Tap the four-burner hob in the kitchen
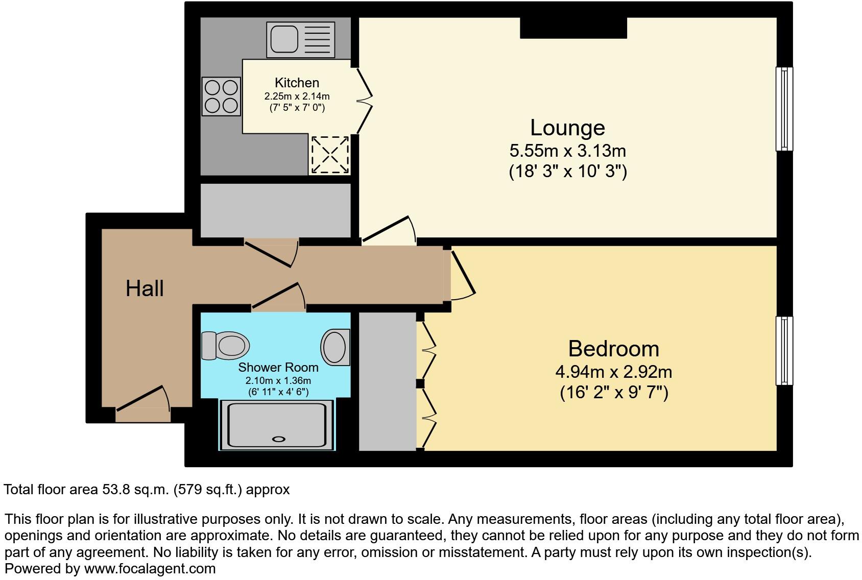click(x=221, y=96)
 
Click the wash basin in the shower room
click(x=336, y=347)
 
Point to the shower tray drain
click(x=279, y=439)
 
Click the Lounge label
click(x=567, y=128)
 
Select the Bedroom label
click(x=613, y=349)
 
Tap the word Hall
click(x=145, y=288)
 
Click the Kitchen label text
click(x=297, y=83)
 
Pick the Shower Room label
click(x=278, y=367)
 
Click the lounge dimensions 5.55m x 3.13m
click(x=567, y=151)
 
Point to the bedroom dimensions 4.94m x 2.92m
click(x=613, y=372)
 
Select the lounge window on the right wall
click(x=784, y=109)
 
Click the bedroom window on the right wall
click(x=784, y=350)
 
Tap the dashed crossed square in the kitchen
click(x=330, y=154)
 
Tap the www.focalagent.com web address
click(x=150, y=568)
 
